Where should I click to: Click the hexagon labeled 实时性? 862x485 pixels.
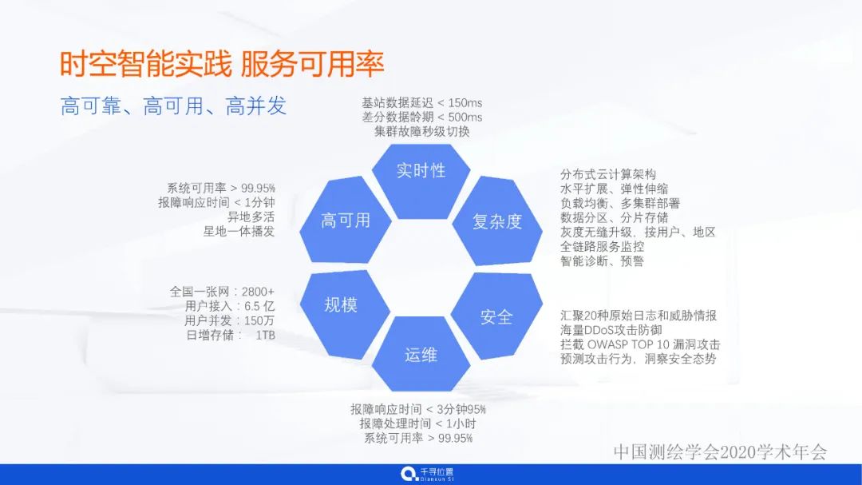click(421, 170)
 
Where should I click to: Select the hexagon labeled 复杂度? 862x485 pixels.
click(496, 221)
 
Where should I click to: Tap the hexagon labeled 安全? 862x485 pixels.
click(496, 316)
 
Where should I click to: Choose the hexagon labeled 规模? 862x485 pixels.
click(341, 304)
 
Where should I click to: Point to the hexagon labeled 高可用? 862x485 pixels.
click(345, 221)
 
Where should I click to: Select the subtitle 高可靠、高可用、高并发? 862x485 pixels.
click(173, 106)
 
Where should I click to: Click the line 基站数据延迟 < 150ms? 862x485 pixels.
click(421, 103)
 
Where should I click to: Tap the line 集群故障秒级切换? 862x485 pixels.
click(421, 131)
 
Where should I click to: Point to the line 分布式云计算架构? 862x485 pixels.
click(608, 174)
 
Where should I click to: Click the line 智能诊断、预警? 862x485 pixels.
click(602, 260)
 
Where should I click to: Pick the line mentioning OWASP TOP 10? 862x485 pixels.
click(640, 344)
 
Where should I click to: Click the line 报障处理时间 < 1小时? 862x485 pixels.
click(417, 423)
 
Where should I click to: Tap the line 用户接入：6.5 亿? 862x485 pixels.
click(229, 306)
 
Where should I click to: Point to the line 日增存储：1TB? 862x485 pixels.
click(230, 335)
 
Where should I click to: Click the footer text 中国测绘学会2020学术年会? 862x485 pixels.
click(720, 451)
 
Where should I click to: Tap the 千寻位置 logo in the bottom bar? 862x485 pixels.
click(428, 475)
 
